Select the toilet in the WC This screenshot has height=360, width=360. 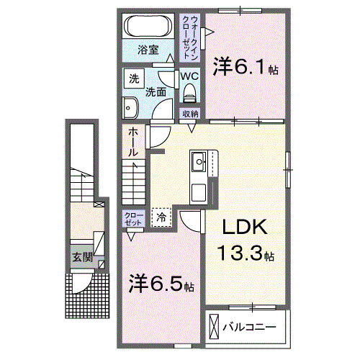[190, 92]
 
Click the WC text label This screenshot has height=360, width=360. [189, 76]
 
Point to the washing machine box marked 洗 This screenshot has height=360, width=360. [133, 78]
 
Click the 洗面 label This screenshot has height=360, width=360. [156, 91]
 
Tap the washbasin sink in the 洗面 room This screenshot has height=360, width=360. [132, 108]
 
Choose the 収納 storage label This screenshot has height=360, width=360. [190, 114]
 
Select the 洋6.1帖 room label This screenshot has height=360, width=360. [245, 68]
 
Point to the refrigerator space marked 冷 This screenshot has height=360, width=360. [162, 215]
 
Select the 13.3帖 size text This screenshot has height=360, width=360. [246, 253]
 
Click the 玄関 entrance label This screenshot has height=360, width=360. [81, 256]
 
